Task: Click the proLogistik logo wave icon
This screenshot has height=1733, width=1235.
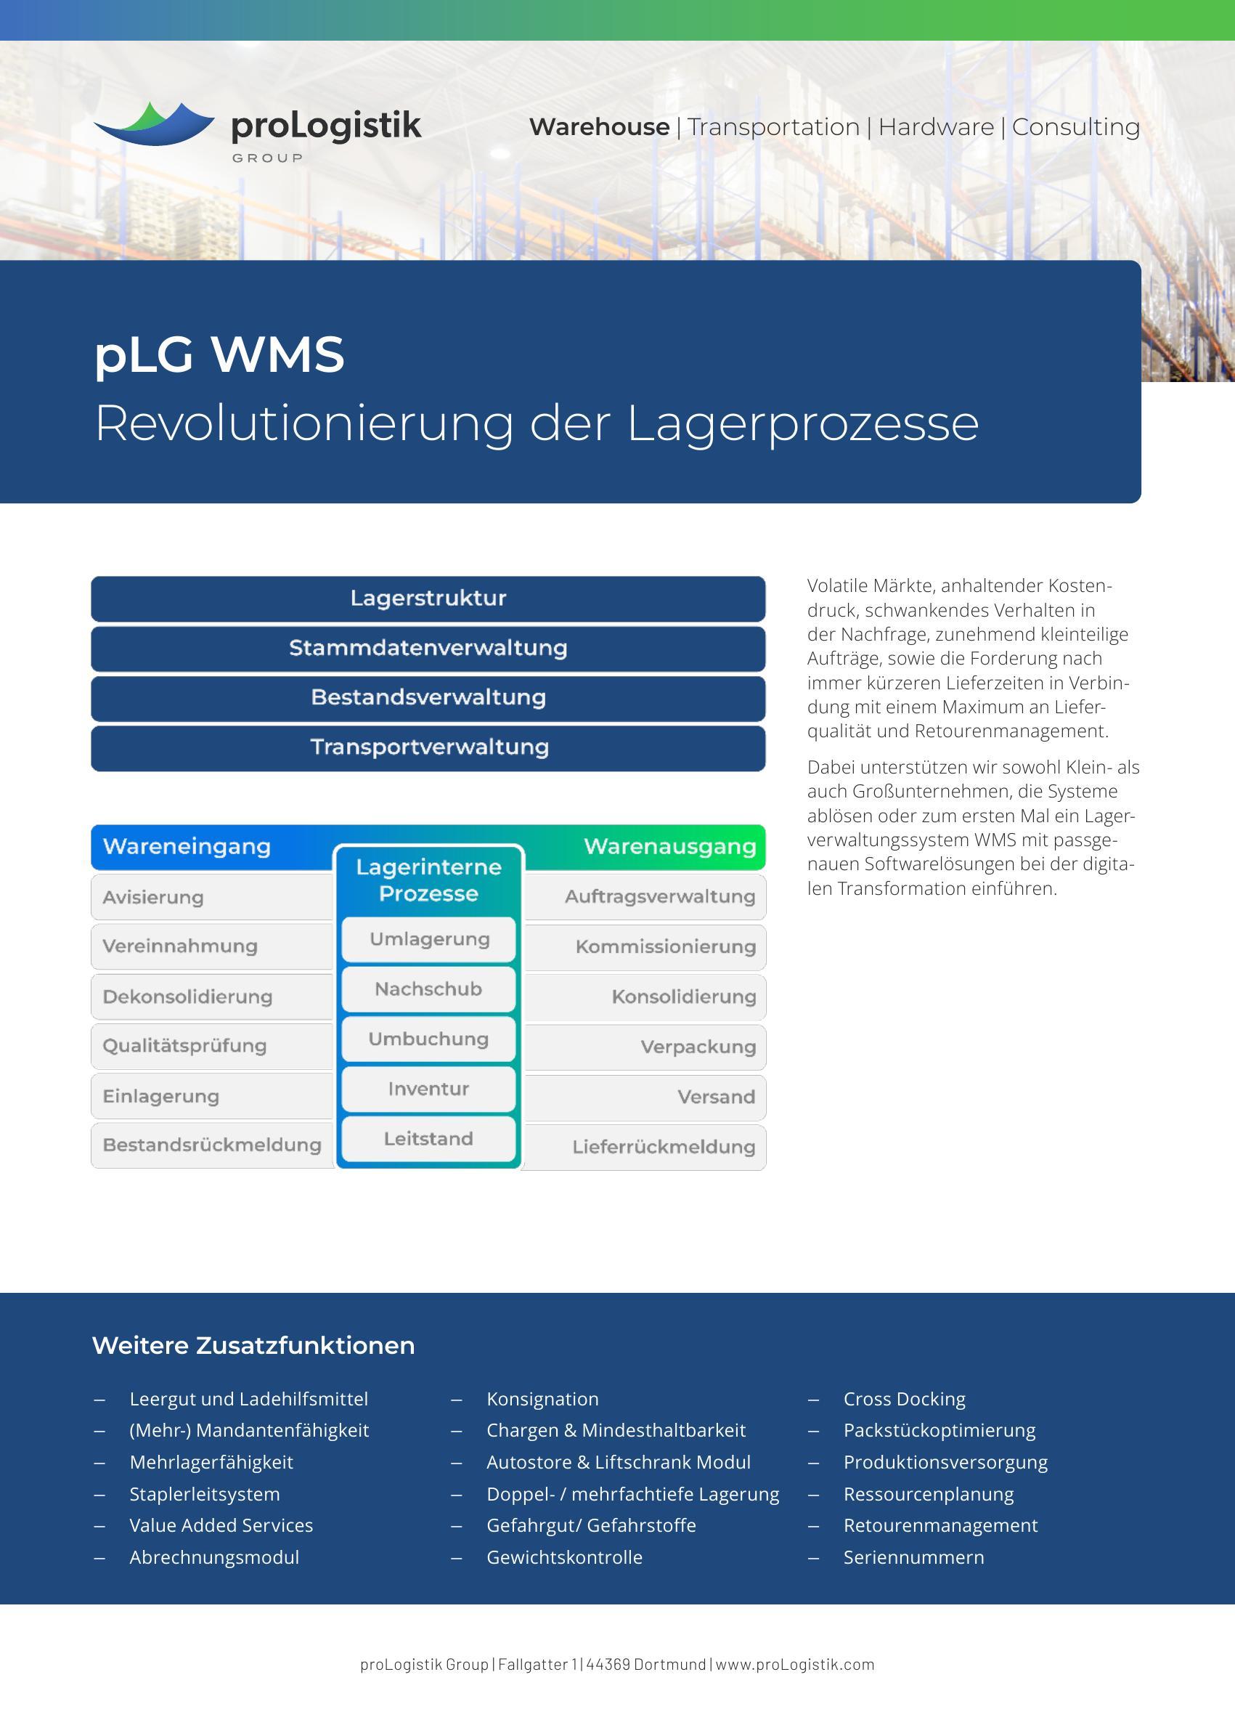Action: point(155,124)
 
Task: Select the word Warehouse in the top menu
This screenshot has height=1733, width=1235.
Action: point(599,127)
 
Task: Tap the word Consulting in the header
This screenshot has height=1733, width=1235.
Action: point(1075,127)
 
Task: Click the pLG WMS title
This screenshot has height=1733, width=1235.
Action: point(219,354)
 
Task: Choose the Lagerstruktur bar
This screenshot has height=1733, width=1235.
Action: point(428,598)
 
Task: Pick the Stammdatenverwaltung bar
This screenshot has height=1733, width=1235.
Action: point(428,648)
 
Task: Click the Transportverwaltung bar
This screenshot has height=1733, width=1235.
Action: point(428,747)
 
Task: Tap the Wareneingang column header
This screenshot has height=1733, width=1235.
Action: point(187,847)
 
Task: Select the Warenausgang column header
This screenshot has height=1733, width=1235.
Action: point(669,847)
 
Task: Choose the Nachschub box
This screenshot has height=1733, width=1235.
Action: point(428,989)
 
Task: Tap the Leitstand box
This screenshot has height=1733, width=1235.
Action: point(428,1139)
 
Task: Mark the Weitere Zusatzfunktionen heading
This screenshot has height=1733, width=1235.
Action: point(253,1345)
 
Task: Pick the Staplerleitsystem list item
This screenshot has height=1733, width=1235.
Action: point(205,1494)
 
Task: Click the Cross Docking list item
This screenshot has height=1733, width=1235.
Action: point(904,1399)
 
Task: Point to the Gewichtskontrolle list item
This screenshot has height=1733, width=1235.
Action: point(564,1557)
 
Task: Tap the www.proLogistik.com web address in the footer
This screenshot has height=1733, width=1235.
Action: point(795,1665)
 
